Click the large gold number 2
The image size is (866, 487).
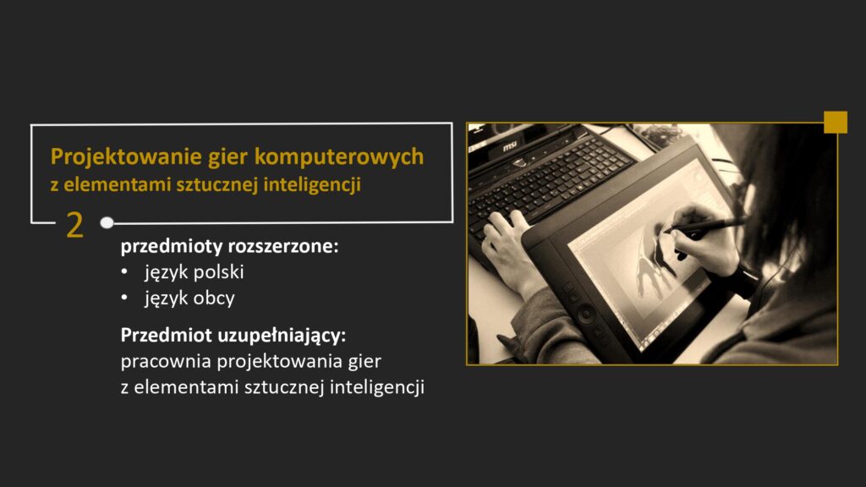(x=74, y=226)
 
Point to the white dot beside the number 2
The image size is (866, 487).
(x=107, y=223)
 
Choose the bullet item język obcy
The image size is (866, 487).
(x=189, y=298)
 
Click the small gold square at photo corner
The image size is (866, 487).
(x=836, y=122)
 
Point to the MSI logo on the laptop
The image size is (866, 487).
(x=510, y=146)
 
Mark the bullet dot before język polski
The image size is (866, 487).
(x=124, y=273)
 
